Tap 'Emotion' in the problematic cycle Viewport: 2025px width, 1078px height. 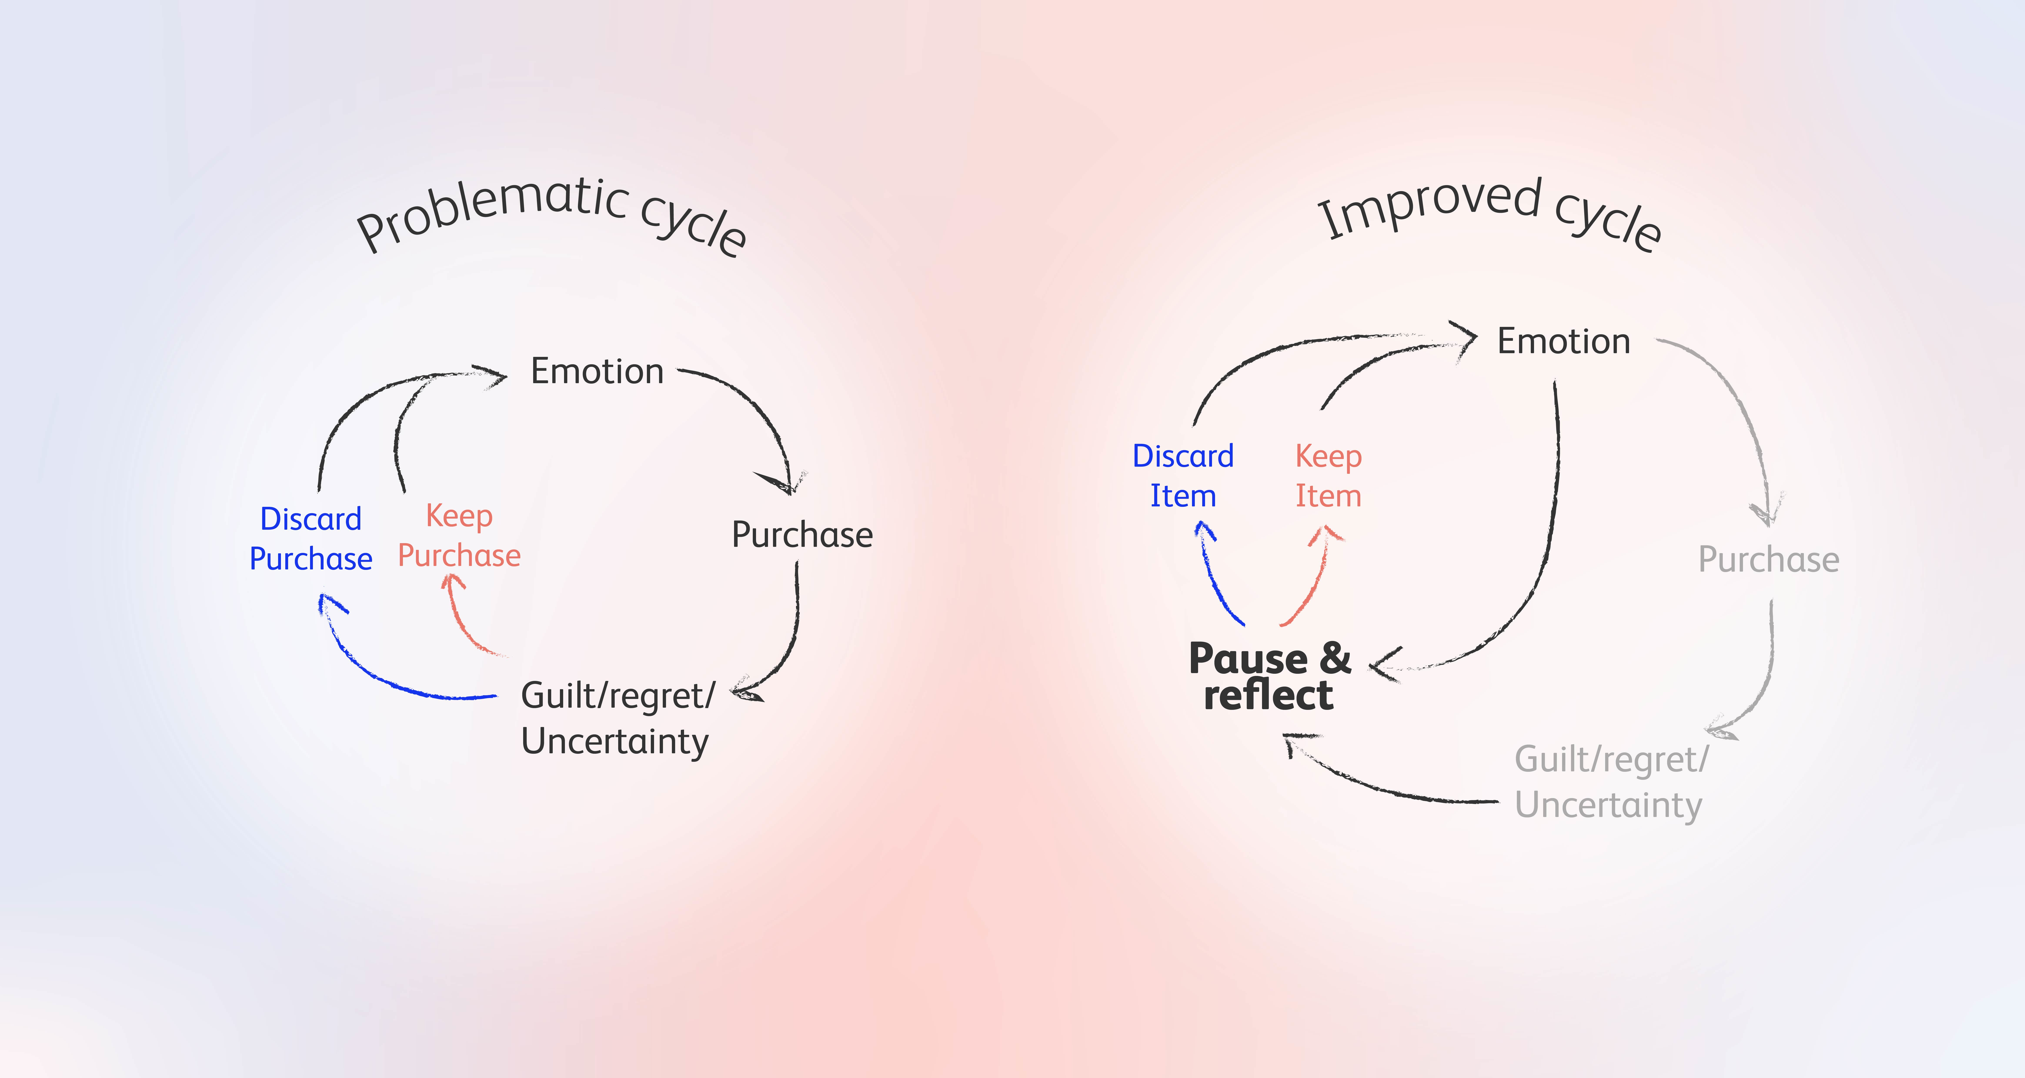tap(598, 371)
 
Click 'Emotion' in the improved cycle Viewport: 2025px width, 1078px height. tap(1564, 341)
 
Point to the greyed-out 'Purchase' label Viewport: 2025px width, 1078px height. tap(1769, 559)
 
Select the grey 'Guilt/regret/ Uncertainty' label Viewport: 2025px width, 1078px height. tap(1611, 782)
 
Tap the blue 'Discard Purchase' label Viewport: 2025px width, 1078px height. tap(311, 539)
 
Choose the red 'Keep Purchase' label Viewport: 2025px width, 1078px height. tap(459, 536)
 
